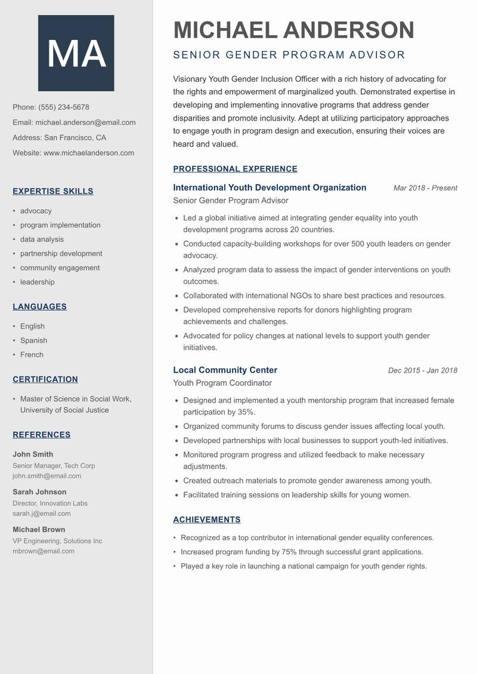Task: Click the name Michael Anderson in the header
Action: click(293, 30)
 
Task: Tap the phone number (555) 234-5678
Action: click(64, 107)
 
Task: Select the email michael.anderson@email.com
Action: click(85, 122)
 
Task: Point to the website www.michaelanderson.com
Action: click(89, 153)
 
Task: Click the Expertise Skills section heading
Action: click(53, 191)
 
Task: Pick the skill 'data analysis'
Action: click(42, 239)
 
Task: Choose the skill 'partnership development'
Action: click(61, 253)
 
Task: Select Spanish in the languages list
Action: click(33, 341)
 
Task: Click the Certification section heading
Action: click(45, 379)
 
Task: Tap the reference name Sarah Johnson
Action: click(39, 492)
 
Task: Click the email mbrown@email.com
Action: click(44, 551)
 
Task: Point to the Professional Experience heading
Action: click(235, 169)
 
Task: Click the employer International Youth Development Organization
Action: click(270, 187)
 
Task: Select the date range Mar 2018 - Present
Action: click(425, 188)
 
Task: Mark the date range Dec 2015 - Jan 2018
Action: click(422, 370)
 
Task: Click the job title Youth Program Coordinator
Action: click(222, 383)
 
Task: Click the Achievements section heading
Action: click(207, 520)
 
